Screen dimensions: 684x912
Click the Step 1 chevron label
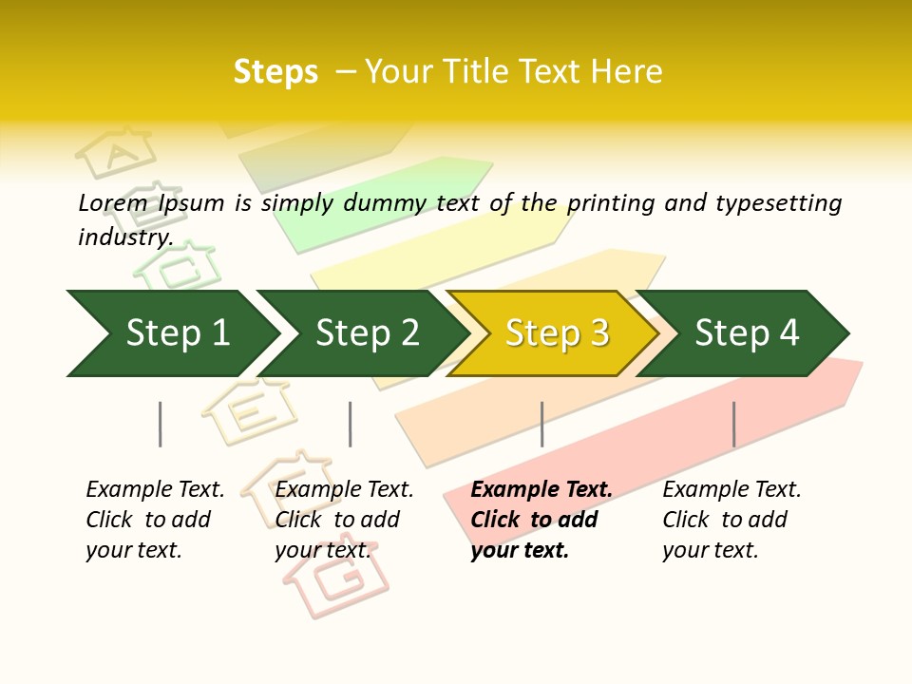[x=178, y=332]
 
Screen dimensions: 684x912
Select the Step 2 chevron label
[x=368, y=332]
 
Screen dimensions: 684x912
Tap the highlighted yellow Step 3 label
[x=558, y=332]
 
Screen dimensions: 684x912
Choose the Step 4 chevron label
[x=747, y=332]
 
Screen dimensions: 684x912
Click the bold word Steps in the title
[x=275, y=72]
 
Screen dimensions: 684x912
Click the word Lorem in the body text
[x=113, y=202]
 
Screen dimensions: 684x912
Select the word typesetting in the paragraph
[x=778, y=203]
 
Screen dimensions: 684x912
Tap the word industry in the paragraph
[x=124, y=237]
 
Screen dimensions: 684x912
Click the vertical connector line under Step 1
[x=161, y=424]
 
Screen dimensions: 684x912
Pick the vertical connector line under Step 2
[x=351, y=424]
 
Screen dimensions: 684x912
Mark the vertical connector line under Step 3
[x=541, y=424]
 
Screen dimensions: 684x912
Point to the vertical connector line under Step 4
[x=733, y=424]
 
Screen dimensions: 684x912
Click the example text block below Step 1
[x=155, y=520]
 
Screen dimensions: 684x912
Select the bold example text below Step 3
[x=541, y=520]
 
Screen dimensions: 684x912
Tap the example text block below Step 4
[x=731, y=520]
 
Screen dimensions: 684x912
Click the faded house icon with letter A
[x=117, y=152]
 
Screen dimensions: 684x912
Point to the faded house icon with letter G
[x=338, y=579]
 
